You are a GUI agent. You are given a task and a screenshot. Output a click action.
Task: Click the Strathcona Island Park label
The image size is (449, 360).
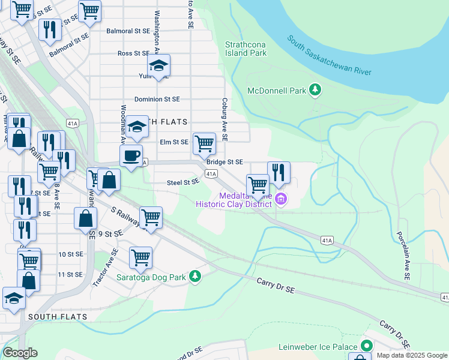pos(246,49)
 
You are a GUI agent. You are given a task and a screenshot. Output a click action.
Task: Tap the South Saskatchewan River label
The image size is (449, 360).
pos(328,56)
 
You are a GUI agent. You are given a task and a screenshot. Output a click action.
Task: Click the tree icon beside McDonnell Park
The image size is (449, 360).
pos(315,91)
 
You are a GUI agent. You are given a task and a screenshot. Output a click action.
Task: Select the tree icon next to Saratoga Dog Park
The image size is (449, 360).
pos(194,276)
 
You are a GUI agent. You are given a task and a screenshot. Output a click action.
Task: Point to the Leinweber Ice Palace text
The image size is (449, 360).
pos(318,347)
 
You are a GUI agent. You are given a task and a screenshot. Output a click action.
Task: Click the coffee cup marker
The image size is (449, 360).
pos(131,157)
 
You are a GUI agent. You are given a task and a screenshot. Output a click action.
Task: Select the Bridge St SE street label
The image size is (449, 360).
pos(224,162)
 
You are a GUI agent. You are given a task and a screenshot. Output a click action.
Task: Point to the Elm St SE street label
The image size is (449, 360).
pos(174,142)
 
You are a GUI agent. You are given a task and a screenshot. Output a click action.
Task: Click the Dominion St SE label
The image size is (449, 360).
pos(157,99)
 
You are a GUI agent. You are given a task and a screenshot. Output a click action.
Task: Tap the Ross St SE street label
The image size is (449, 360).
pos(133,53)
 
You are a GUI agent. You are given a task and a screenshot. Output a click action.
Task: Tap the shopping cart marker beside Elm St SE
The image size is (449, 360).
pos(204,143)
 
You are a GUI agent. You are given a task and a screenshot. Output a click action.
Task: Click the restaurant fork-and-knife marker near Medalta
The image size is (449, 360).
pos(279,172)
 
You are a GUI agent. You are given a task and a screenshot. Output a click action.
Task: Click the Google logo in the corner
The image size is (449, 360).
pos(19,353)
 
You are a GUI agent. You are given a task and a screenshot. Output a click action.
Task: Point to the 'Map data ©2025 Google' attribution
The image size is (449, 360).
pos(412,355)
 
